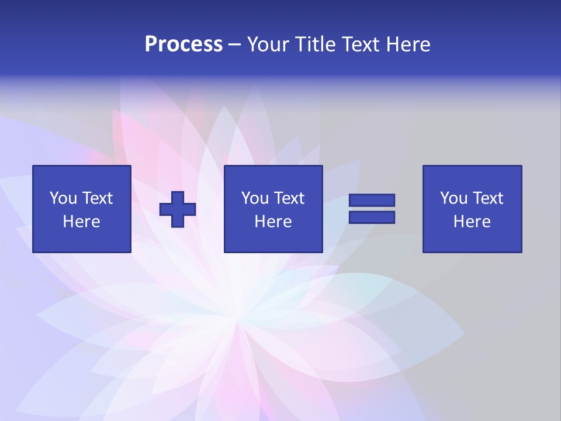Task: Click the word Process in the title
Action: point(183,44)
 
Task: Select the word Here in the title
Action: point(408,44)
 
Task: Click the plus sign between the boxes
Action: point(178,209)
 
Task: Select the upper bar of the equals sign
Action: point(372,201)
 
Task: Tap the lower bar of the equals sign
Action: point(372,217)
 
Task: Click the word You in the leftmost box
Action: point(63,198)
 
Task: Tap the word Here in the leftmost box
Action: point(82,222)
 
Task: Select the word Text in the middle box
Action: point(289,198)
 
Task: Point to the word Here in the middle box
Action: point(273,222)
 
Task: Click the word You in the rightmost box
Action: point(453,198)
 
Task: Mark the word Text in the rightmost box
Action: point(488,198)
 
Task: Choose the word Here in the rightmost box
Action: point(472,222)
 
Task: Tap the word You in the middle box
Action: point(255,198)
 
